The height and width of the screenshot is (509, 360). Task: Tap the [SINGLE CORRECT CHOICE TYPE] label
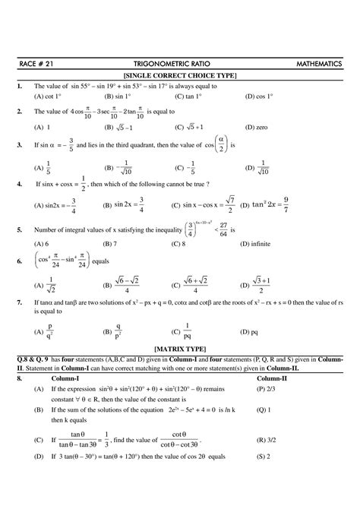pyautogui.click(x=179, y=77)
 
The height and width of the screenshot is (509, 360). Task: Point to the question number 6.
pyautogui.click(x=17, y=261)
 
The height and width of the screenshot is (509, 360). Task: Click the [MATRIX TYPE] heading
pyautogui.click(x=179, y=346)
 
